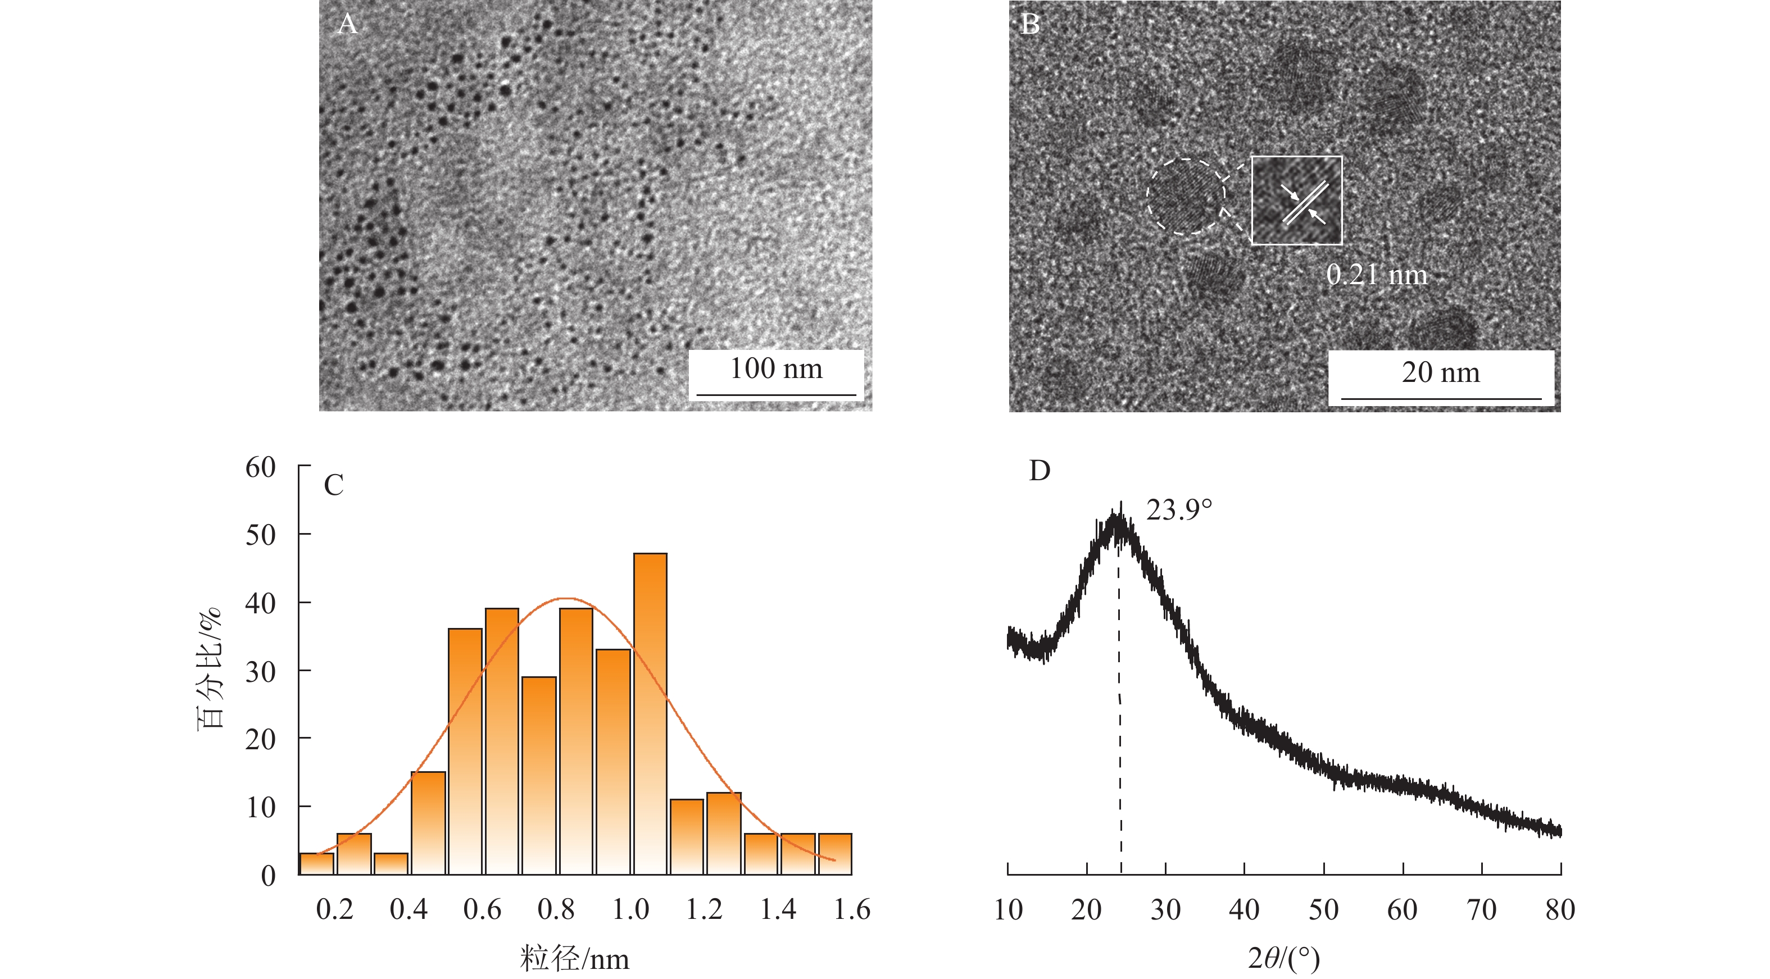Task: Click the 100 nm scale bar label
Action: [776, 369]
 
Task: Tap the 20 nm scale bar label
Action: [1440, 372]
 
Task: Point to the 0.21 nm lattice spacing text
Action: [1376, 275]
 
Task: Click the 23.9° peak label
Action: [1179, 510]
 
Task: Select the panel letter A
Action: [348, 24]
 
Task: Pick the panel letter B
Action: [1030, 24]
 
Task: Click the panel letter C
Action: [333, 485]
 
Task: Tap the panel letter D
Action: [1040, 471]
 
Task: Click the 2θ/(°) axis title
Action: [1283, 958]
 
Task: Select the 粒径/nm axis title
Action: [574, 958]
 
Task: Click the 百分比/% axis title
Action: [210, 668]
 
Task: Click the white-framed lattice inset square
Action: [1296, 200]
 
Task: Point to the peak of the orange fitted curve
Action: [565, 598]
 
